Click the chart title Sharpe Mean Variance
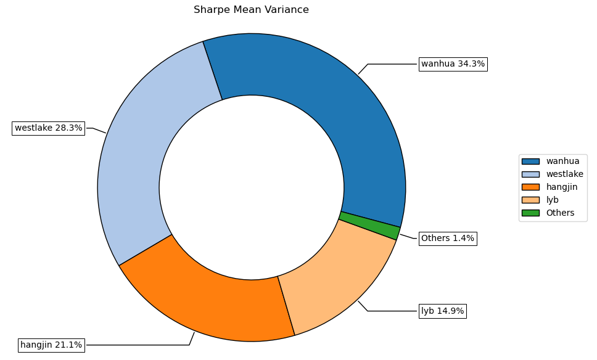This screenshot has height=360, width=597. [x=251, y=10]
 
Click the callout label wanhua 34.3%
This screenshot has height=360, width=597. [x=453, y=64]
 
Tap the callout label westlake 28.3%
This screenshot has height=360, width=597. [x=48, y=128]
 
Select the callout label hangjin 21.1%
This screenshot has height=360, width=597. [x=51, y=345]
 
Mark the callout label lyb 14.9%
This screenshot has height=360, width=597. [x=442, y=311]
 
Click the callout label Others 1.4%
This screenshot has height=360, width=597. [x=447, y=239]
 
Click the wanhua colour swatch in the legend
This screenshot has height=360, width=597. [x=530, y=162]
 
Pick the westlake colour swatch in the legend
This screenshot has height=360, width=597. [x=530, y=174]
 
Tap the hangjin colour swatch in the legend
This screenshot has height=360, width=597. [x=530, y=187]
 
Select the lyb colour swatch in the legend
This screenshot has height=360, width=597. [x=530, y=200]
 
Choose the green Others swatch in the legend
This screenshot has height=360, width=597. [x=530, y=213]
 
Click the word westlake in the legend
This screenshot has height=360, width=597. [x=564, y=174]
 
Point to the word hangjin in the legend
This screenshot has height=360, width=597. [x=562, y=187]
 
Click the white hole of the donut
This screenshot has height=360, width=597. [x=252, y=187]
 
